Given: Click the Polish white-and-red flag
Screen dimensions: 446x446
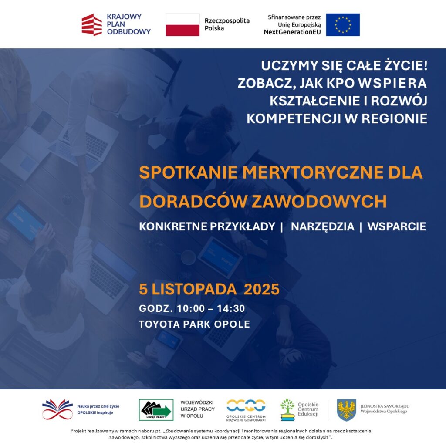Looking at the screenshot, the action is point(182,24).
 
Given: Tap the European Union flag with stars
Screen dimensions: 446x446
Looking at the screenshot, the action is point(343,24).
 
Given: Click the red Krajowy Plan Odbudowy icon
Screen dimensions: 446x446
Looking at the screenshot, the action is point(91,24).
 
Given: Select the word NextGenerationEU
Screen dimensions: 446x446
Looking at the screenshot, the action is point(292,32).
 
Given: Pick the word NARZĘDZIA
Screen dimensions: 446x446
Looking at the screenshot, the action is point(322,227).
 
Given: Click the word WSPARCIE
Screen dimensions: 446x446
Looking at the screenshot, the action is point(396,227).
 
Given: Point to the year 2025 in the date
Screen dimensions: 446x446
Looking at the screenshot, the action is point(261,289).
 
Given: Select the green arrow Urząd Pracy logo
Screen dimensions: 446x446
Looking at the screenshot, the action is point(156,410).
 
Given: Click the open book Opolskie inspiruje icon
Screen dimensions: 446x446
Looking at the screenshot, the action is point(57,410).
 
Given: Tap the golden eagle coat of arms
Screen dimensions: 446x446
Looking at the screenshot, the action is point(347,410).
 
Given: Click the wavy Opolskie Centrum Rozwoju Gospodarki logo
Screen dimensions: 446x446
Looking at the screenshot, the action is point(246,405).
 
